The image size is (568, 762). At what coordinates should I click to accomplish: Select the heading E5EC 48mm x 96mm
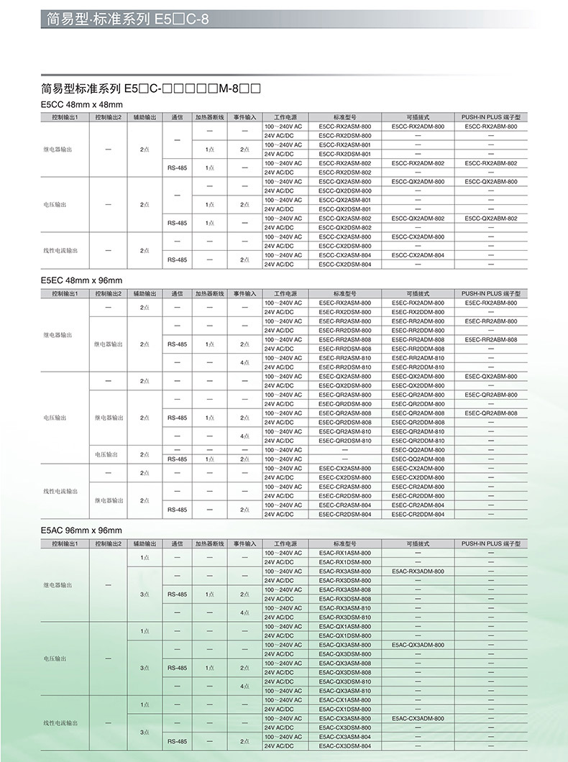pos(82,280)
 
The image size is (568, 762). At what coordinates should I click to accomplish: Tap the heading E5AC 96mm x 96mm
pos(82,530)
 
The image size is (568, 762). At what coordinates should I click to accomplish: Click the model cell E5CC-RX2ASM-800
pos(345,127)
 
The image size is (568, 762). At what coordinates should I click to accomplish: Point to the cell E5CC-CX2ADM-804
pos(418,255)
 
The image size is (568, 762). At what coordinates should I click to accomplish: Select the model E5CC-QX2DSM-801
pos(345,209)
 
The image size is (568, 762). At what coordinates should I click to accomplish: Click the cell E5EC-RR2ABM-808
pos(491,339)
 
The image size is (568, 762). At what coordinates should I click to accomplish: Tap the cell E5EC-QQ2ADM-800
pos(418,450)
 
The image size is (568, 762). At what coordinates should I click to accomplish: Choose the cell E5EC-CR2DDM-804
pos(418,515)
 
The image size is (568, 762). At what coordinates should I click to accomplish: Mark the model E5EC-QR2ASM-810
pos(345,431)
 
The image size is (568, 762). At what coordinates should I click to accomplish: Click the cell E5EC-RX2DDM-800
pos(418,312)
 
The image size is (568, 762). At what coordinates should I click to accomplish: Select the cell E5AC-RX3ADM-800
pos(418,571)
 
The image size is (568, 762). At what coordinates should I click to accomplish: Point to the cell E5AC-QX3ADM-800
pos(418,645)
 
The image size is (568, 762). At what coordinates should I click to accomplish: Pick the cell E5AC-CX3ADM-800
pos(418,718)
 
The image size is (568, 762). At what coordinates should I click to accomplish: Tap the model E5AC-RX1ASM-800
pos(345,553)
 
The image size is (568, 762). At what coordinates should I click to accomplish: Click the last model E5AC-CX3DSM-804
pos(345,746)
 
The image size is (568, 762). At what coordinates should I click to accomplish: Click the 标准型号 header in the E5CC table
pos(345,116)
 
